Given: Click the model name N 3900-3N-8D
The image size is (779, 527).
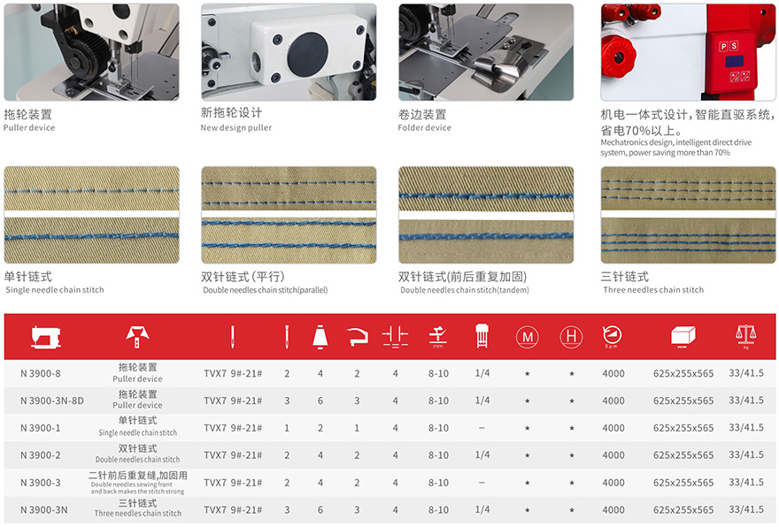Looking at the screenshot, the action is click(52, 401).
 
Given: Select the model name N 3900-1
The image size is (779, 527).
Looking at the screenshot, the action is click(40, 428).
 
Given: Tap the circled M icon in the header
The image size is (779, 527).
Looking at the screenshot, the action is click(527, 337).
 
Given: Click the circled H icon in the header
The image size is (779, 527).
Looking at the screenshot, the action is click(571, 337).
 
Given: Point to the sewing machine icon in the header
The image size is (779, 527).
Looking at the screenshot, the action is click(46, 338).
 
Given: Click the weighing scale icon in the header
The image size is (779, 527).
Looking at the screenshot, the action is click(745, 335).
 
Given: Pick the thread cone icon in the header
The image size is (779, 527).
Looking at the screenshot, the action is click(320, 336).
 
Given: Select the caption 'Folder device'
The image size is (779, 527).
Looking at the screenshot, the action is click(424, 127).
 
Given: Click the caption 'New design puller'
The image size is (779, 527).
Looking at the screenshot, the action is click(236, 127).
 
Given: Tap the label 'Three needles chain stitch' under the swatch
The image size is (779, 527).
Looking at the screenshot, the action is click(653, 290).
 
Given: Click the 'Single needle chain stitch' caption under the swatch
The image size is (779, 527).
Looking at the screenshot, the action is click(55, 290).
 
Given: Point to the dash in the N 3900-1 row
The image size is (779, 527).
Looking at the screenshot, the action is click(482, 428).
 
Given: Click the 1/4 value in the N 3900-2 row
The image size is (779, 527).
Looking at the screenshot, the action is click(482, 454).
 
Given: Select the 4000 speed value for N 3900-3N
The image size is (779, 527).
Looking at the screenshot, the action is click(613, 509).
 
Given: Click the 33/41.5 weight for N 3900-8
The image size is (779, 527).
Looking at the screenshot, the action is click(746, 373).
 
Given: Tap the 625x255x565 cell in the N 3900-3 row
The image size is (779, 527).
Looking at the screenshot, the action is click(683, 482).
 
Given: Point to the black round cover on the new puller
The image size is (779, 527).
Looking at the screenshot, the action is click(307, 55).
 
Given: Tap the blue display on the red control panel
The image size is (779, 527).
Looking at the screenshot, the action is click(734, 62).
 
